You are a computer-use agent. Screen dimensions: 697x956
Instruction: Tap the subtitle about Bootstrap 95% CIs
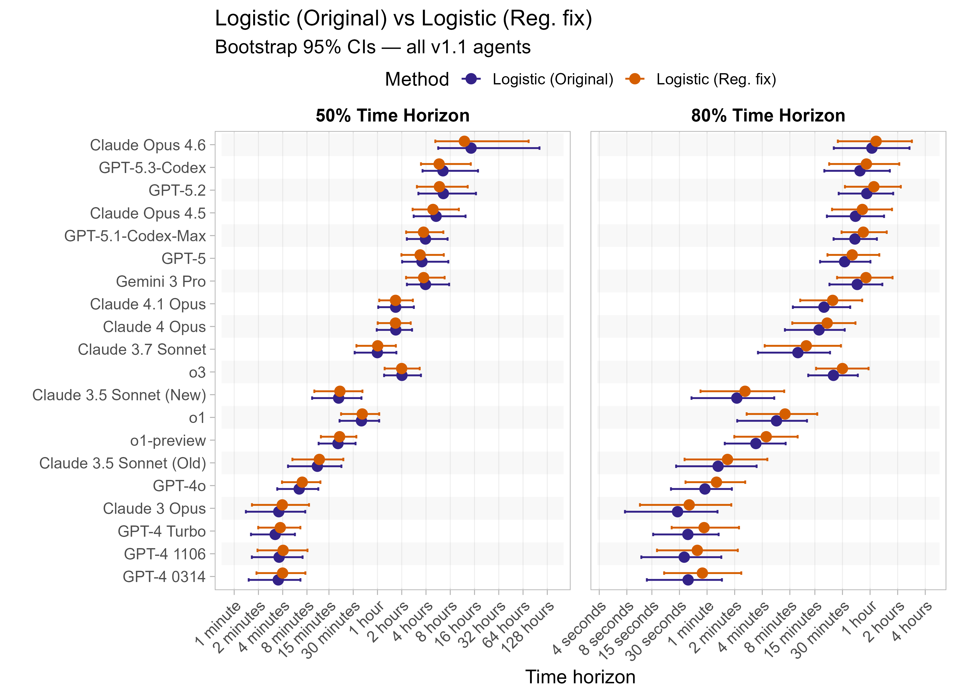point(372,47)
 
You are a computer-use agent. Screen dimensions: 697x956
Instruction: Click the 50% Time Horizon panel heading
point(392,116)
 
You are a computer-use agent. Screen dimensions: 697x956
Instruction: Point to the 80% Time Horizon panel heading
point(768,116)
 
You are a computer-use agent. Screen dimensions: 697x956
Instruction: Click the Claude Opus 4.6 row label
point(148,145)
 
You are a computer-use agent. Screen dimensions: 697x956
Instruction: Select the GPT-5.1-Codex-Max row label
point(135,236)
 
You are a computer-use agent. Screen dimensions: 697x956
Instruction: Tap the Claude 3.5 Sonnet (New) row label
point(119,395)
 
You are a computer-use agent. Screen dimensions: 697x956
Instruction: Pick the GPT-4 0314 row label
point(164,577)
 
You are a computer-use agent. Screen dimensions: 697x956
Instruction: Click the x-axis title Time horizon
point(580,677)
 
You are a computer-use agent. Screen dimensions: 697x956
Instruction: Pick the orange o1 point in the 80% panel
point(785,414)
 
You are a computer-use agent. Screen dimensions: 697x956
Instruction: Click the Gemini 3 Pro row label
point(161,282)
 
